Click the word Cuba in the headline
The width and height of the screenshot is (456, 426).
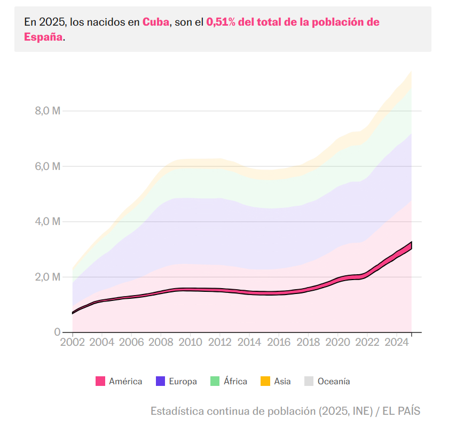click(x=156, y=22)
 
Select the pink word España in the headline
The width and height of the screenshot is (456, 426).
click(x=43, y=37)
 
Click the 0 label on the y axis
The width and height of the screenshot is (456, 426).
click(x=56, y=332)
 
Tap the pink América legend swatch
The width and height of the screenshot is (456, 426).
click(x=100, y=381)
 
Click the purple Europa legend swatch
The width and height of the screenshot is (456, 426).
click(x=160, y=381)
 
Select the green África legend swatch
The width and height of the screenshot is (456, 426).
click(x=215, y=381)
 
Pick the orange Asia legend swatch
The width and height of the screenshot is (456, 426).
click(x=265, y=381)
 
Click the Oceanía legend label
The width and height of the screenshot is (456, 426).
click(x=334, y=381)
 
